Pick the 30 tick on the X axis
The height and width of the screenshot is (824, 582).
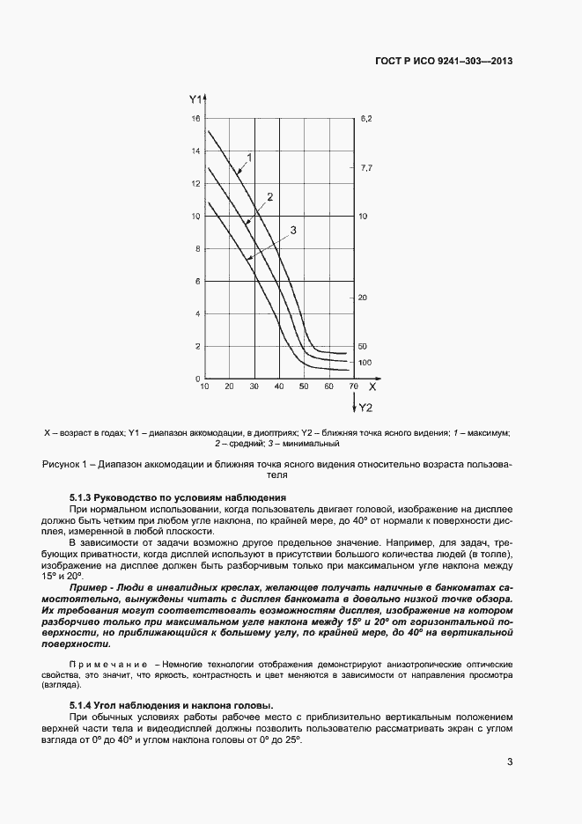pyautogui.click(x=254, y=386)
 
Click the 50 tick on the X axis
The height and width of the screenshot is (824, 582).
pyautogui.click(x=304, y=386)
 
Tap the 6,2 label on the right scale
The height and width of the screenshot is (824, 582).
pyautogui.click(x=367, y=118)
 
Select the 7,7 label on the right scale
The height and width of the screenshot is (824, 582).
pyautogui.click(x=367, y=167)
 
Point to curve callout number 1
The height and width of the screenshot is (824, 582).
pyautogui.click(x=250, y=158)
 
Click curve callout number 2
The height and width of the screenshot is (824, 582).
pyautogui.click(x=270, y=196)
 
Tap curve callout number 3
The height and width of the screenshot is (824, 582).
pyautogui.click(x=292, y=230)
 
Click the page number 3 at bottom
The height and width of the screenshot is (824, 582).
pyautogui.click(x=510, y=762)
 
